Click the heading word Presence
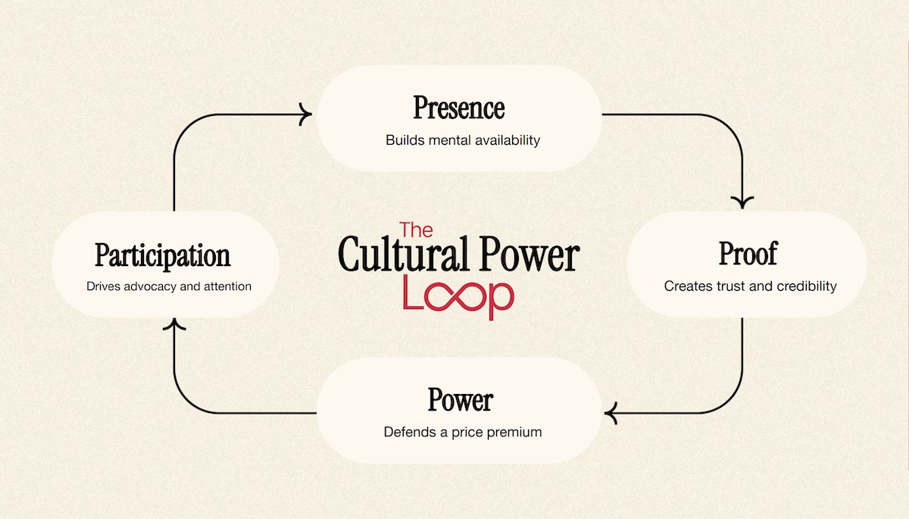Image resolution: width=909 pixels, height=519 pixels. pos(458,108)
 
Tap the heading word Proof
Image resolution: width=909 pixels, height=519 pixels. pos(747,255)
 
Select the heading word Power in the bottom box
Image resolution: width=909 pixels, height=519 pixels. pos(460,400)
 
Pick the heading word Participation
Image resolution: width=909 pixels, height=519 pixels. pos(162,256)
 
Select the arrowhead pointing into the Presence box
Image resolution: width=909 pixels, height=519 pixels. pos(305,115)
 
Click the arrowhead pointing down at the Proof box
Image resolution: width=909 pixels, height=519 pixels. pos(742,202)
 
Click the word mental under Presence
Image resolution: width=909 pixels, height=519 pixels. pos(451,140)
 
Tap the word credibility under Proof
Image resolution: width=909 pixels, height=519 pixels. pos(805,286)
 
